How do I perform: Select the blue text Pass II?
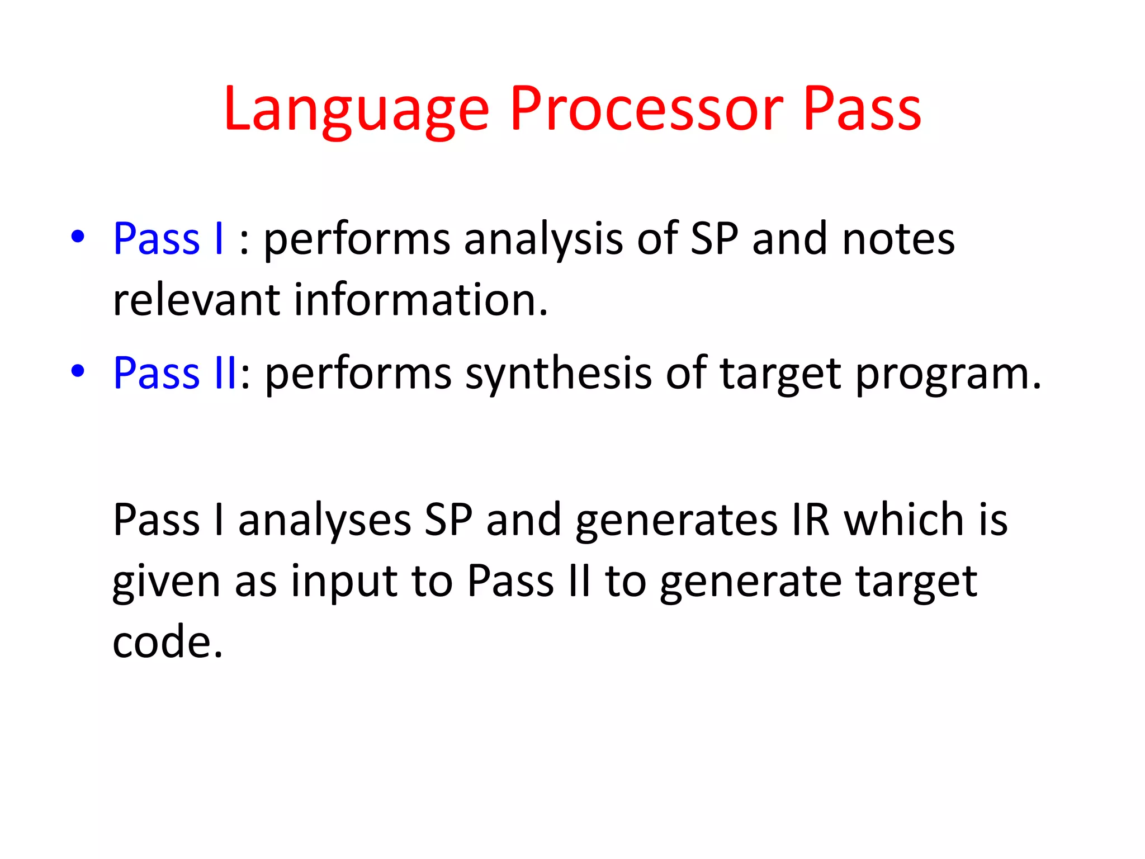[175, 373]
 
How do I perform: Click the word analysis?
[543, 239]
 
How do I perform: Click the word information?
[420, 300]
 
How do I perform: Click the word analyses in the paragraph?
[325, 520]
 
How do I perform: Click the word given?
[167, 582]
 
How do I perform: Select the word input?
[343, 582]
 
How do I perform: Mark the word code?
[167, 642]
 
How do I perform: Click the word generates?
[676, 520]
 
